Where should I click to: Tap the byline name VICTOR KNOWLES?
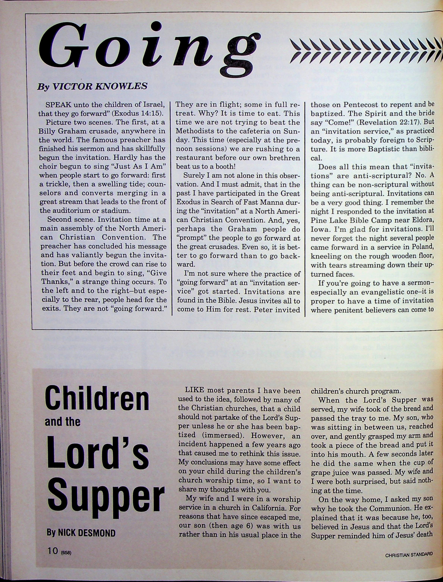pyautogui.click(x=101, y=86)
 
